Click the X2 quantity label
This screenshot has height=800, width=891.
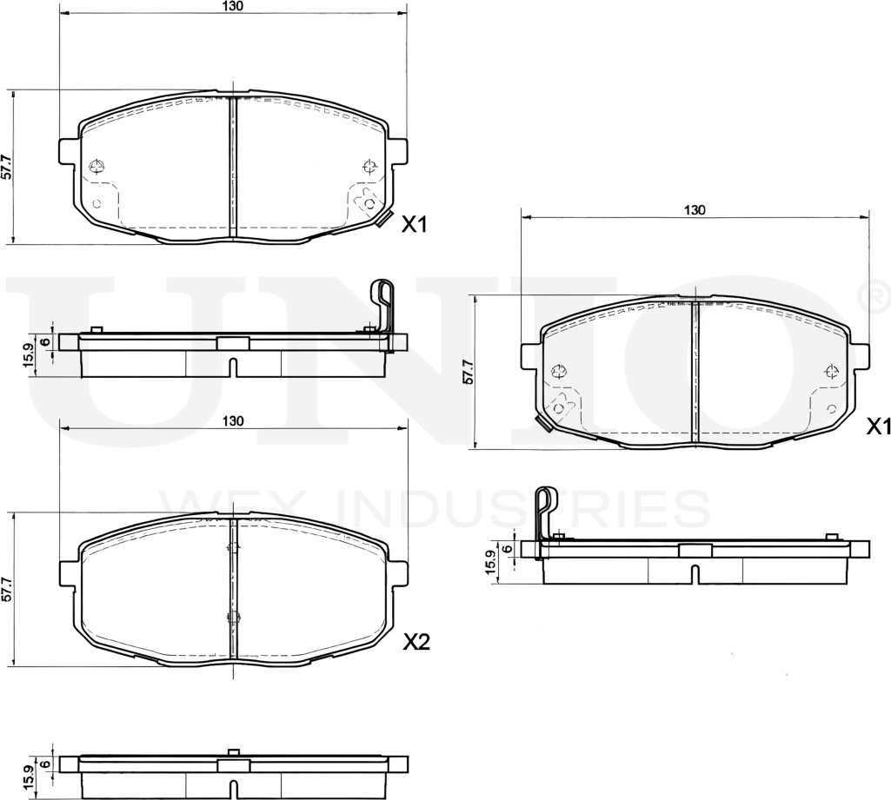[417, 642]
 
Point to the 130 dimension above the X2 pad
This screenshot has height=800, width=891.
[232, 420]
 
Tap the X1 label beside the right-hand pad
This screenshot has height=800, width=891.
[879, 426]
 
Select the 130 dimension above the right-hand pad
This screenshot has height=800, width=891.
[694, 210]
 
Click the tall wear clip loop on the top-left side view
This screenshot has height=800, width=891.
[382, 304]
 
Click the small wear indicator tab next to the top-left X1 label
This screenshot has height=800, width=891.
[385, 218]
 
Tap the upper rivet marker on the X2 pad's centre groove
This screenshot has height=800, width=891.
[232, 546]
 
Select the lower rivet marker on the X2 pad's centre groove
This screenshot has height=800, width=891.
[232, 617]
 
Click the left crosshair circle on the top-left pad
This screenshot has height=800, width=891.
[96, 166]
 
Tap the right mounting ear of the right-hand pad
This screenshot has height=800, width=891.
[861, 356]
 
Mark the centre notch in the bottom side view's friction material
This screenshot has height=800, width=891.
[232, 789]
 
